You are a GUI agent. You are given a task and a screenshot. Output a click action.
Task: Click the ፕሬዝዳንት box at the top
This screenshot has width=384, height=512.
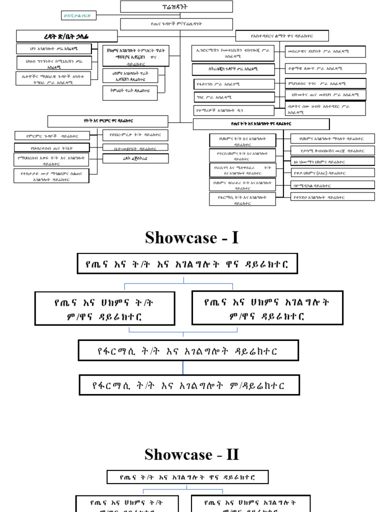pos(176,6)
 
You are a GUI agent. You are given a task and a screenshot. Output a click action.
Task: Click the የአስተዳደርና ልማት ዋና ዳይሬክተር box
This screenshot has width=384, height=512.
pos(282,35)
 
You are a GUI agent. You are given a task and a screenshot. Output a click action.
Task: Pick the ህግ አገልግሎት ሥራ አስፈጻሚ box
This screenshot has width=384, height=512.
pos(53,48)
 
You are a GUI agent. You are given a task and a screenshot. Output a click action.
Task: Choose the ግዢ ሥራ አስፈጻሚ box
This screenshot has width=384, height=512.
pos(234,97)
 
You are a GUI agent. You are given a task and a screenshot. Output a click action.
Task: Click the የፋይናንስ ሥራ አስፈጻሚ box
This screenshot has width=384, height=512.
pos(234,84)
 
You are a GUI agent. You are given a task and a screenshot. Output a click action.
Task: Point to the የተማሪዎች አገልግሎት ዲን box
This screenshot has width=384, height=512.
pos(234,110)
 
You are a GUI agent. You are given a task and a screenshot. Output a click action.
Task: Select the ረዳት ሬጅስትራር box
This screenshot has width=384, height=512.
pos(135,158)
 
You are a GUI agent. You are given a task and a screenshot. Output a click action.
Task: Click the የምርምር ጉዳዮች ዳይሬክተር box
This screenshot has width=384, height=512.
pos(52,135)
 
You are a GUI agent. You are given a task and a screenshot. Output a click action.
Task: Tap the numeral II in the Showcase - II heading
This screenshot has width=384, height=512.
pos(232,454)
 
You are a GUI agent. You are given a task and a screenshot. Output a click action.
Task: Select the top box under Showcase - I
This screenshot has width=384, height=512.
pos(187,263)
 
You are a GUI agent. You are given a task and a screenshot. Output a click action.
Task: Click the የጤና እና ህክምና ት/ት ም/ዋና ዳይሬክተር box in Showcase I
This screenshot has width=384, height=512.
pos(104,308)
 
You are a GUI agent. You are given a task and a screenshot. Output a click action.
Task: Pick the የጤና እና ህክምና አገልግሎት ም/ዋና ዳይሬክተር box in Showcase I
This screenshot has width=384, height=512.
pos(267,308)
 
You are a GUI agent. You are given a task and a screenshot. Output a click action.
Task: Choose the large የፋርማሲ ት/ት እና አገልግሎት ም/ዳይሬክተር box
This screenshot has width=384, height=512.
pos(189,385)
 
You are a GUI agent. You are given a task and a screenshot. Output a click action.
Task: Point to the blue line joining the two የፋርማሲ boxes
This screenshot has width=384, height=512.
pos(183,367)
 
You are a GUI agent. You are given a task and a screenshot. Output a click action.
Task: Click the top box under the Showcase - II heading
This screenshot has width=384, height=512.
pos(187,477)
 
